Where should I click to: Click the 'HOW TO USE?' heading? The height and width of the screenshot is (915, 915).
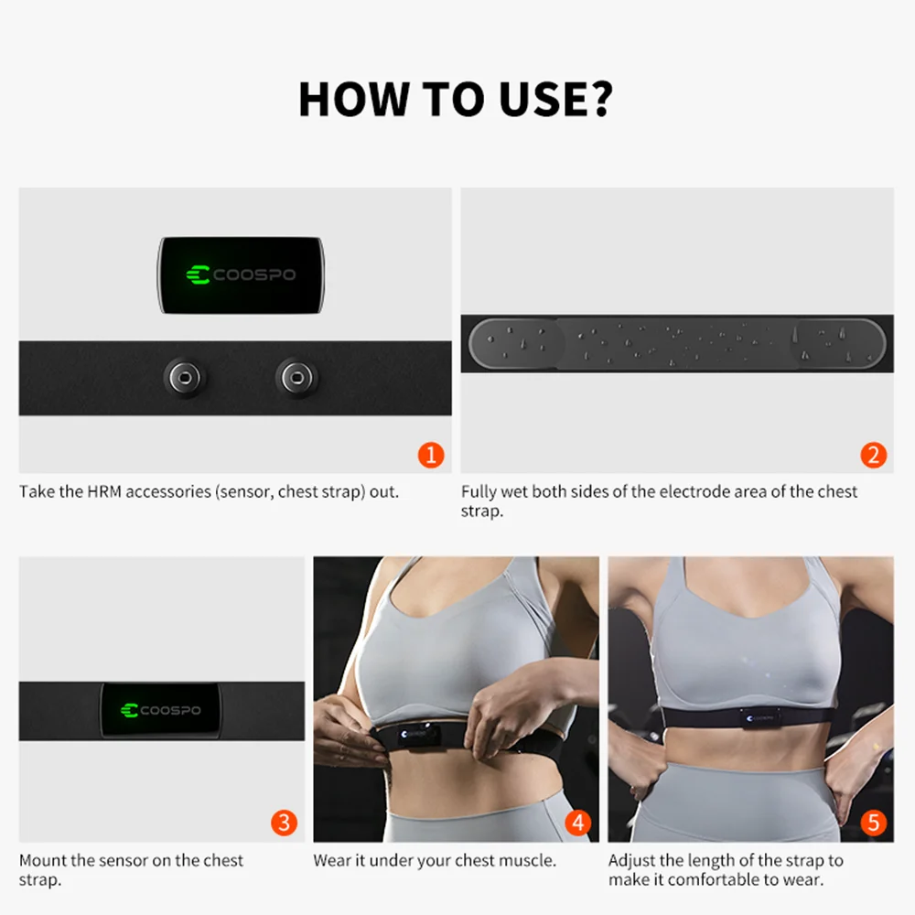pyautogui.click(x=455, y=100)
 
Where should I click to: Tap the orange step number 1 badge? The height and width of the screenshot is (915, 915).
pyautogui.click(x=430, y=455)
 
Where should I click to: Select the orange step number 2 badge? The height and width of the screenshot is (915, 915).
pyautogui.click(x=873, y=455)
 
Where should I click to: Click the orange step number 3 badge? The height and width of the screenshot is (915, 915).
pyautogui.click(x=284, y=823)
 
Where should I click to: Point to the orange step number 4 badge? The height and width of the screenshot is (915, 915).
pyautogui.click(x=577, y=823)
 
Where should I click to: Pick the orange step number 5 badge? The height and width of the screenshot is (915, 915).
pyautogui.click(x=873, y=823)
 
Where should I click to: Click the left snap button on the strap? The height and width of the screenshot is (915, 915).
pyautogui.click(x=185, y=376)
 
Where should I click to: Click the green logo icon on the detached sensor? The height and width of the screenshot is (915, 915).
pyautogui.click(x=198, y=274)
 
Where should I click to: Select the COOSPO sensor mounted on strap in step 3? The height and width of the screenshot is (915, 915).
pyautogui.click(x=161, y=711)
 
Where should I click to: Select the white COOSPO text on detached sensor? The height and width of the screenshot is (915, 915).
pyautogui.click(x=254, y=274)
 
